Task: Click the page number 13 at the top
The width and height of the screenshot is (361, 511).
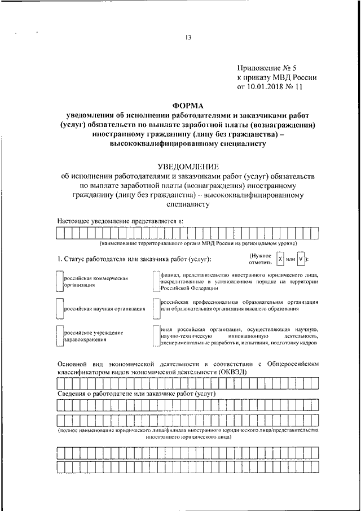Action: pos(188,38)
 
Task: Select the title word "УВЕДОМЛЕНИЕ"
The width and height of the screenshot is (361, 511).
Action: pos(188,167)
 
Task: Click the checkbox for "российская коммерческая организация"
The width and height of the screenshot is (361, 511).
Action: pos(60,281)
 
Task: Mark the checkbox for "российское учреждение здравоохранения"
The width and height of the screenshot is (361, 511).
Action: pos(60,336)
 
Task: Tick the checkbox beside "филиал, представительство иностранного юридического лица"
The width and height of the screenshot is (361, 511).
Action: pos(156,281)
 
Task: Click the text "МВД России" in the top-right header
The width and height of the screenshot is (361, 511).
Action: pos(296,77)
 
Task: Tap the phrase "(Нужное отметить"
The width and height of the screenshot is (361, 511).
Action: pos(259,259)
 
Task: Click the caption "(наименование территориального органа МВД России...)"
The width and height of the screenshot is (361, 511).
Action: pos(199,243)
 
